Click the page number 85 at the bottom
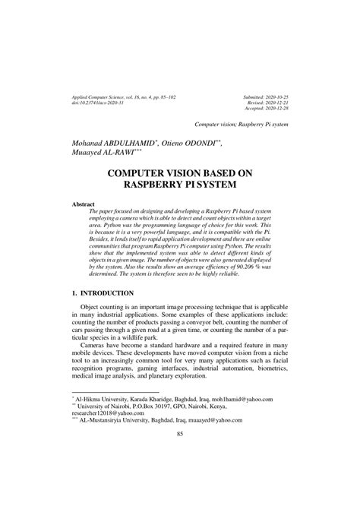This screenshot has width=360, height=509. [180, 476]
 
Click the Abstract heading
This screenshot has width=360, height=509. [83, 204]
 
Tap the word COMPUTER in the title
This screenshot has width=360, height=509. [143, 173]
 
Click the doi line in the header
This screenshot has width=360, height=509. [104, 104]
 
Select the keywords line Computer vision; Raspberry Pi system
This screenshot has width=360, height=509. [242, 123]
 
